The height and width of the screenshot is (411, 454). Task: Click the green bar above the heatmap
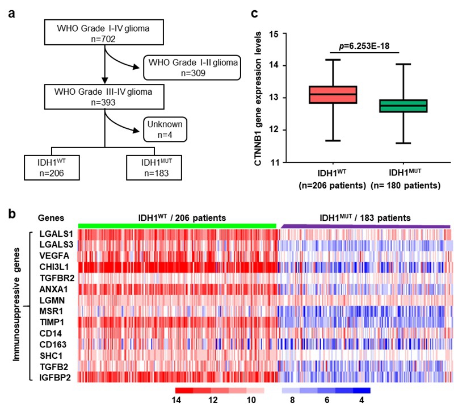click(x=177, y=226)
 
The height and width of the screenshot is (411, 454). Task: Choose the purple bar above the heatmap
click(x=364, y=227)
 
